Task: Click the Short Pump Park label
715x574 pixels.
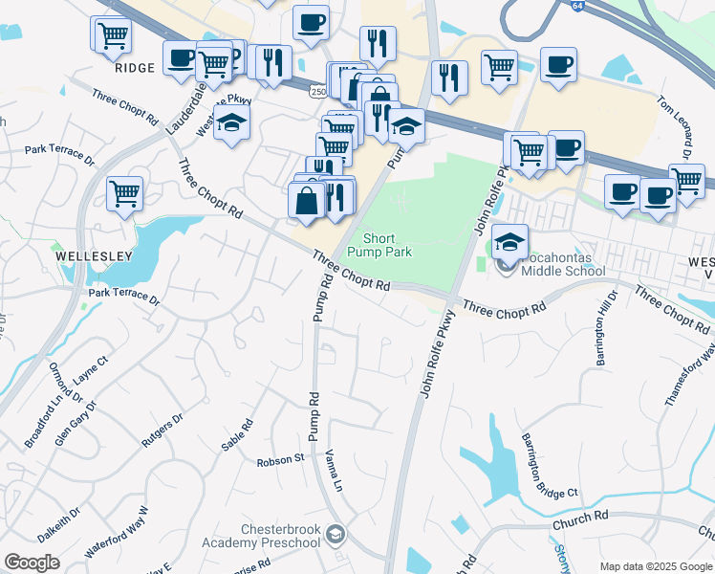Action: pyautogui.click(x=387, y=245)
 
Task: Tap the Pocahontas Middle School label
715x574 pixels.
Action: pyautogui.click(x=562, y=265)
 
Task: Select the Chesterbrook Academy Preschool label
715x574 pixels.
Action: pyautogui.click(x=261, y=537)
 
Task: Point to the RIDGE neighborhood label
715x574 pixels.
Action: pyautogui.click(x=134, y=68)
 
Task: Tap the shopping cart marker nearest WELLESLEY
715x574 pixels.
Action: pyautogui.click(x=124, y=194)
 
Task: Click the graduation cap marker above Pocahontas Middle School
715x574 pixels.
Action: pyautogui.click(x=510, y=243)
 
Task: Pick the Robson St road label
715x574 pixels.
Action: pyautogui.click(x=280, y=460)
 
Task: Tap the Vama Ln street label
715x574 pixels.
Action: pyautogui.click(x=334, y=470)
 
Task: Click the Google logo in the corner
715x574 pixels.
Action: pyautogui.click(x=32, y=563)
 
